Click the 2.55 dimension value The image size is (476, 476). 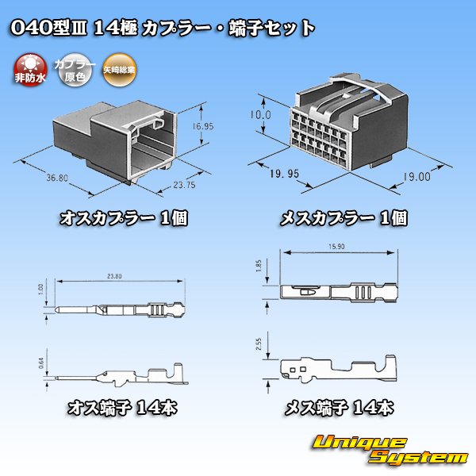271,342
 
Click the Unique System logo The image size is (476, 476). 389,449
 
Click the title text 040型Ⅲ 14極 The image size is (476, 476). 71,29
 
